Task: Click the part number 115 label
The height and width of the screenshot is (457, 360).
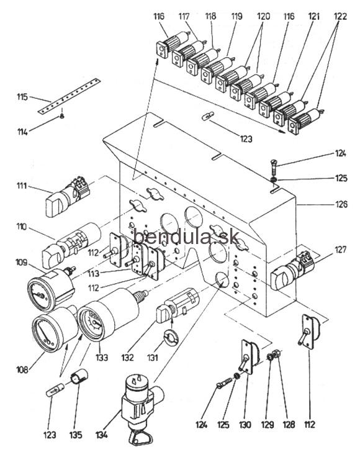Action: [22, 97]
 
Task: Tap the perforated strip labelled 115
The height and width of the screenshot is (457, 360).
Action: [69, 96]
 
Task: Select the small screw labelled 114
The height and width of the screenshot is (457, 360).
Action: [61, 116]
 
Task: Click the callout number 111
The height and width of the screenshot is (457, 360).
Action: [22, 186]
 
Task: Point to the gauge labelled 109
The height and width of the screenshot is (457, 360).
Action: [51, 289]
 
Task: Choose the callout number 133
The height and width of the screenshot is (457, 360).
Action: [102, 357]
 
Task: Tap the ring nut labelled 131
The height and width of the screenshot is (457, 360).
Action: [172, 336]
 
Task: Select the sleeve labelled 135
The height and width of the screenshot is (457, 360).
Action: [79, 376]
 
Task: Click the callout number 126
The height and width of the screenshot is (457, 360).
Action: [341, 204]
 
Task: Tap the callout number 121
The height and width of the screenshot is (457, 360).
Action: [314, 16]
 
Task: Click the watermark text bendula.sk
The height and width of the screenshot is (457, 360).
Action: [186, 237]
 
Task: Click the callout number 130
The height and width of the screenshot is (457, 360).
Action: [245, 425]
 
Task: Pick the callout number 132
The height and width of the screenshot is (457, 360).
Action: [128, 357]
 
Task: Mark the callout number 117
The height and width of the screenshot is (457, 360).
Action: [184, 16]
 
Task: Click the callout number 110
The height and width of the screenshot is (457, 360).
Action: [22, 227]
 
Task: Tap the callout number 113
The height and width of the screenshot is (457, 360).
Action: [94, 273]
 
